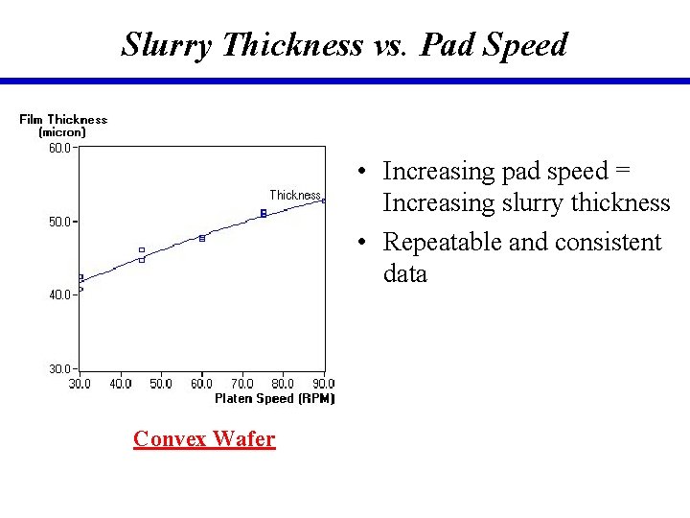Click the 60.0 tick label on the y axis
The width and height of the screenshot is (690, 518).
tap(59, 148)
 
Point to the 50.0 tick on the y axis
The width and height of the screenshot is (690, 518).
tap(59, 222)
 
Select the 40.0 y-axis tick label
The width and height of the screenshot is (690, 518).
tap(59, 295)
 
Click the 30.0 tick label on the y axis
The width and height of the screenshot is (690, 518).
tap(59, 369)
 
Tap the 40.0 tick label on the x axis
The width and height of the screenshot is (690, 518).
tap(121, 384)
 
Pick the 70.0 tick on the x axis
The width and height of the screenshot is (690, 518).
tap(242, 384)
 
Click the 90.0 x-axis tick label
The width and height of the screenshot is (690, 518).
tap(324, 384)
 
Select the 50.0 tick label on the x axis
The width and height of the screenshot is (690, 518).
tap(161, 384)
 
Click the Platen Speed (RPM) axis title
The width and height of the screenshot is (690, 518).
tap(274, 398)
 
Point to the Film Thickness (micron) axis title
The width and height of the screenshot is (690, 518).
tap(63, 126)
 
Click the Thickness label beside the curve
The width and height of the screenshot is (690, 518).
tap(294, 195)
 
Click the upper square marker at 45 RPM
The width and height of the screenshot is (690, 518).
tap(142, 250)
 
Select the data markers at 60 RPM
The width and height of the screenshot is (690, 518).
tap(202, 238)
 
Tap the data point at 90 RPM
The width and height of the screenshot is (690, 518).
tap(324, 200)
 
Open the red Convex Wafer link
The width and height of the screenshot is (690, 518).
tap(204, 438)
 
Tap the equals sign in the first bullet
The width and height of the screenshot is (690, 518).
tap(623, 171)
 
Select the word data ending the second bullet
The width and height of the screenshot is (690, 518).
tap(404, 273)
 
